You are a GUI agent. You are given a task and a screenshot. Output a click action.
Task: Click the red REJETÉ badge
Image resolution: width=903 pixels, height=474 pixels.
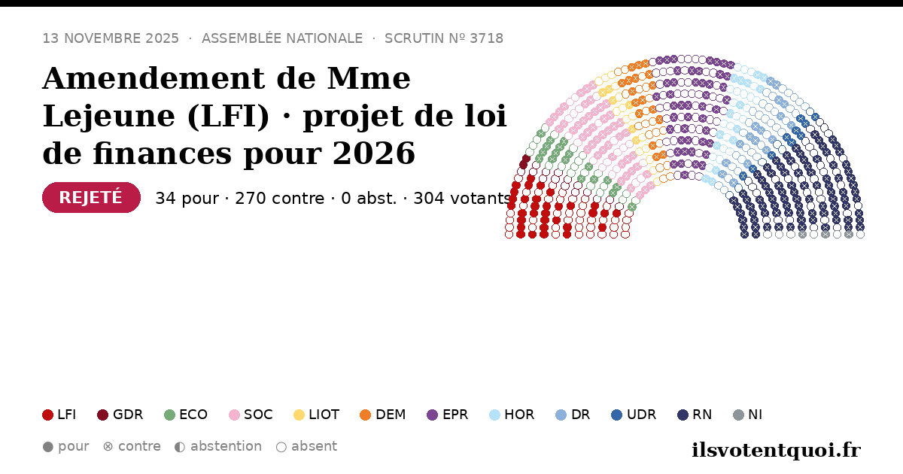[x=91, y=197]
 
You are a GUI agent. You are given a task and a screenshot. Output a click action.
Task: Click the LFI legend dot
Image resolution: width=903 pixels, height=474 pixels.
[x=47, y=415]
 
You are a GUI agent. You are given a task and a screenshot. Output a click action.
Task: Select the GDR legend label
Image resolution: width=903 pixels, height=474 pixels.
[x=128, y=415]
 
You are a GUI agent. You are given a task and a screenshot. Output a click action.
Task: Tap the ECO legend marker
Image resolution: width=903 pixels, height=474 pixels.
[x=170, y=415]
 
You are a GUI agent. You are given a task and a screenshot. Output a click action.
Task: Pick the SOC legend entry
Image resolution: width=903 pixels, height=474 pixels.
[x=251, y=415]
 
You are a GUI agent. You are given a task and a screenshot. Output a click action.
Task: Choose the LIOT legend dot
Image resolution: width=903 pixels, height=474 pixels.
[x=299, y=415]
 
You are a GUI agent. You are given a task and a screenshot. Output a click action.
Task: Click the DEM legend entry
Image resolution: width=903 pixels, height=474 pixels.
[x=382, y=415]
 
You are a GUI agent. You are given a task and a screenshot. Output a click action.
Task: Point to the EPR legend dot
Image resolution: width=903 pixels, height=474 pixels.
[x=432, y=415]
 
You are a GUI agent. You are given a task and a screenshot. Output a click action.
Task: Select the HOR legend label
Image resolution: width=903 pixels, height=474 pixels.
[x=519, y=415]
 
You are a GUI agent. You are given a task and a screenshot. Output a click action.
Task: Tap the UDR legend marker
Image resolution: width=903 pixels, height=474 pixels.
[x=616, y=415]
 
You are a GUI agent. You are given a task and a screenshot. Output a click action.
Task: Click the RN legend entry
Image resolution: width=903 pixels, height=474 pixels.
[x=694, y=415]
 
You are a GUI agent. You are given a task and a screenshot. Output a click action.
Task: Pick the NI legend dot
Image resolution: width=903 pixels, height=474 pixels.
[x=738, y=415]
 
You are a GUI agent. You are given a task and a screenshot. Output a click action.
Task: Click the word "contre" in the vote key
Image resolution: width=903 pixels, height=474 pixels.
[x=139, y=446]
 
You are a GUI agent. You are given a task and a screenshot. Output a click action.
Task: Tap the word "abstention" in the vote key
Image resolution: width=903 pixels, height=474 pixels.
[x=227, y=446]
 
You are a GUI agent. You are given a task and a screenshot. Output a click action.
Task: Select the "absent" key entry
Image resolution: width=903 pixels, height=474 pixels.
[x=306, y=447]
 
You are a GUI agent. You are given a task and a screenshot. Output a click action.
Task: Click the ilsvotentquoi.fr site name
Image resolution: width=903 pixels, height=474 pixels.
[x=776, y=450]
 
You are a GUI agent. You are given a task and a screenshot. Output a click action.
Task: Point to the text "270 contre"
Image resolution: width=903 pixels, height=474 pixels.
[x=280, y=199]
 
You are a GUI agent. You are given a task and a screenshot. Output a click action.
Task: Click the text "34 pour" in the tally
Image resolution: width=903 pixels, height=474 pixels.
[x=187, y=199]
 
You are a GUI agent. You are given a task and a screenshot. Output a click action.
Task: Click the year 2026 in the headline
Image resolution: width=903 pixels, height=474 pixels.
[x=374, y=153]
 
